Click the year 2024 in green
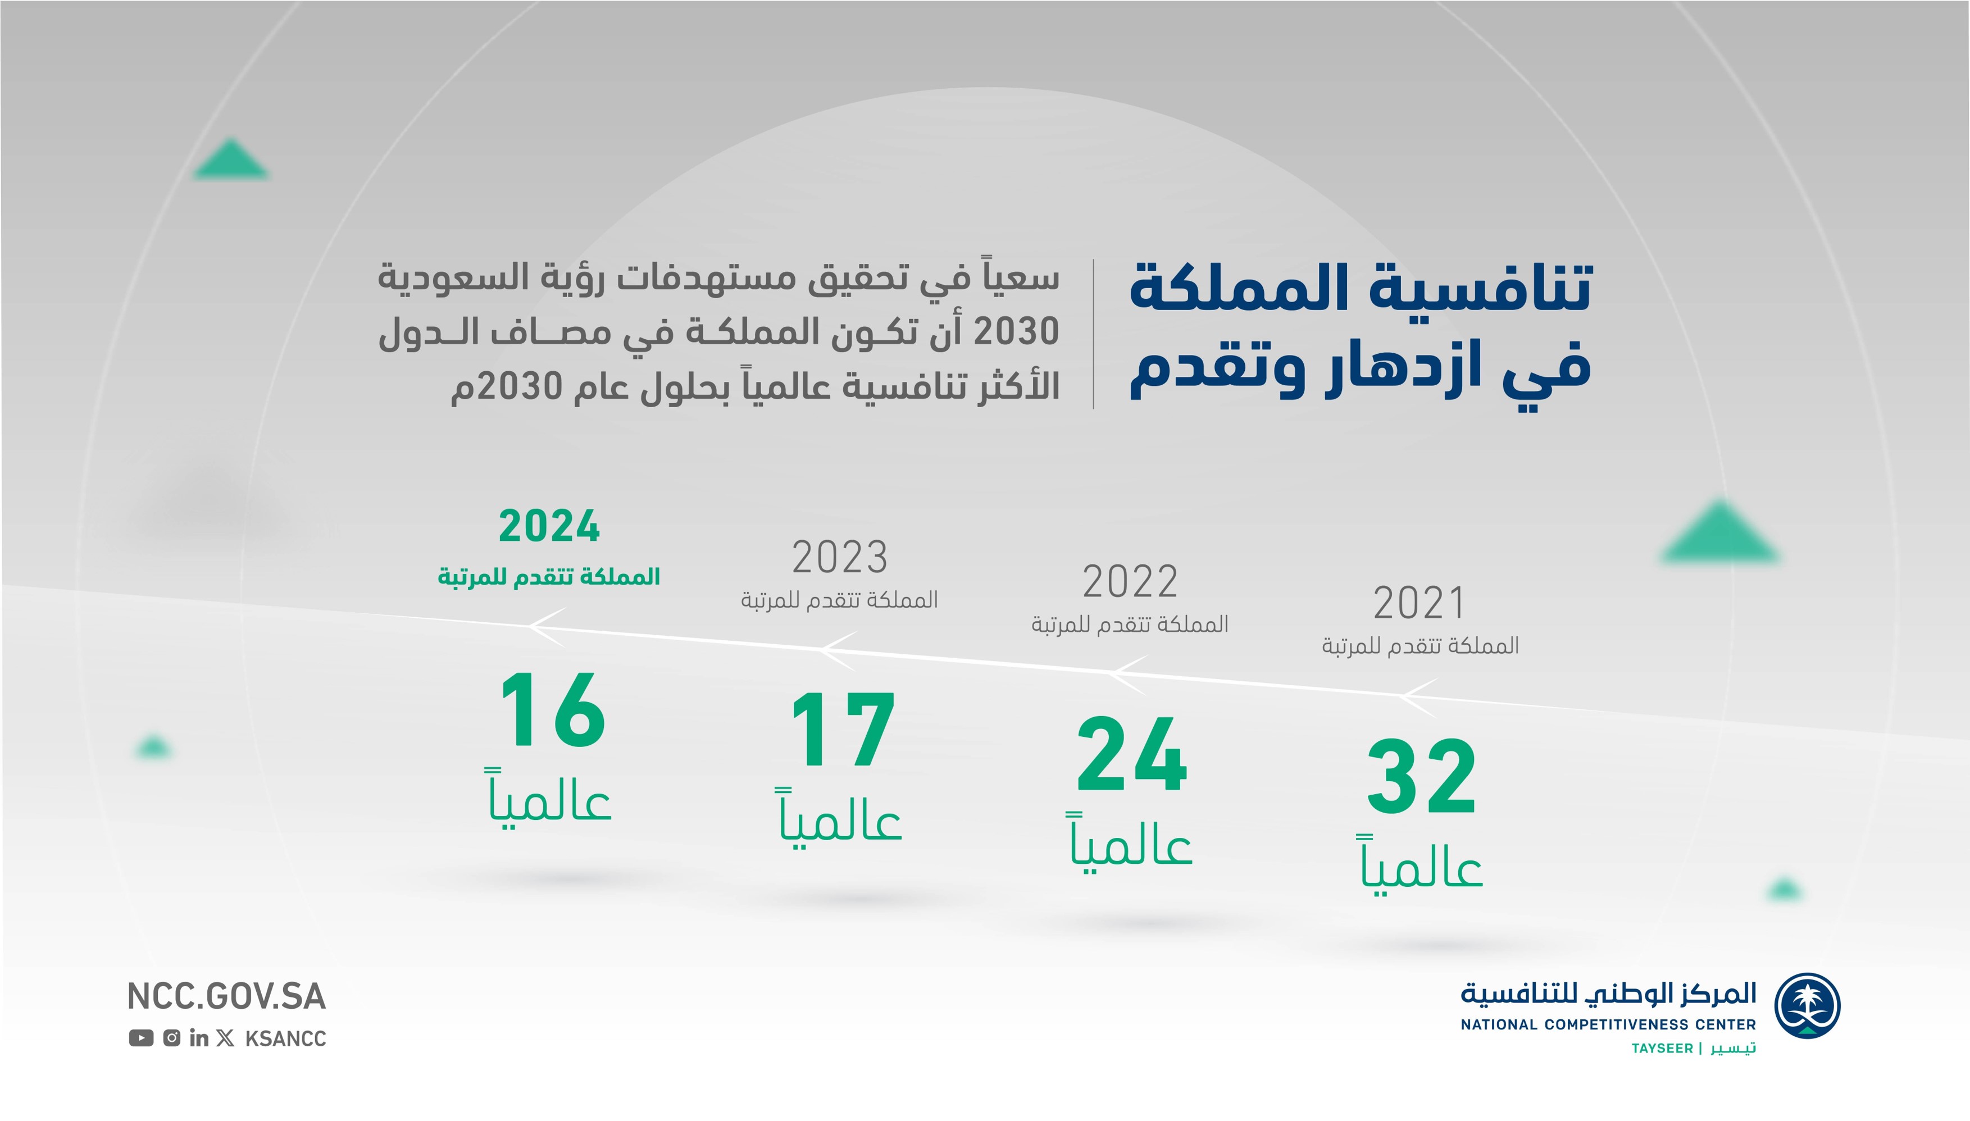tap(549, 527)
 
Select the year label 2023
tap(840, 558)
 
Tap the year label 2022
tap(1130, 581)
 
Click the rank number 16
tap(553, 710)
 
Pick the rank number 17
tap(843, 730)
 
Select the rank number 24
tap(1132, 754)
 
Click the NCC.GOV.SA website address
tap(226, 996)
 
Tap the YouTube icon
tap(141, 1038)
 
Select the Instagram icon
tap(172, 1038)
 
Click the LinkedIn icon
tap(199, 1038)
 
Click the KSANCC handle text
tap(285, 1038)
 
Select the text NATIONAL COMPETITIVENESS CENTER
tap(1608, 1025)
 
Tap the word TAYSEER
tap(1662, 1049)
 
